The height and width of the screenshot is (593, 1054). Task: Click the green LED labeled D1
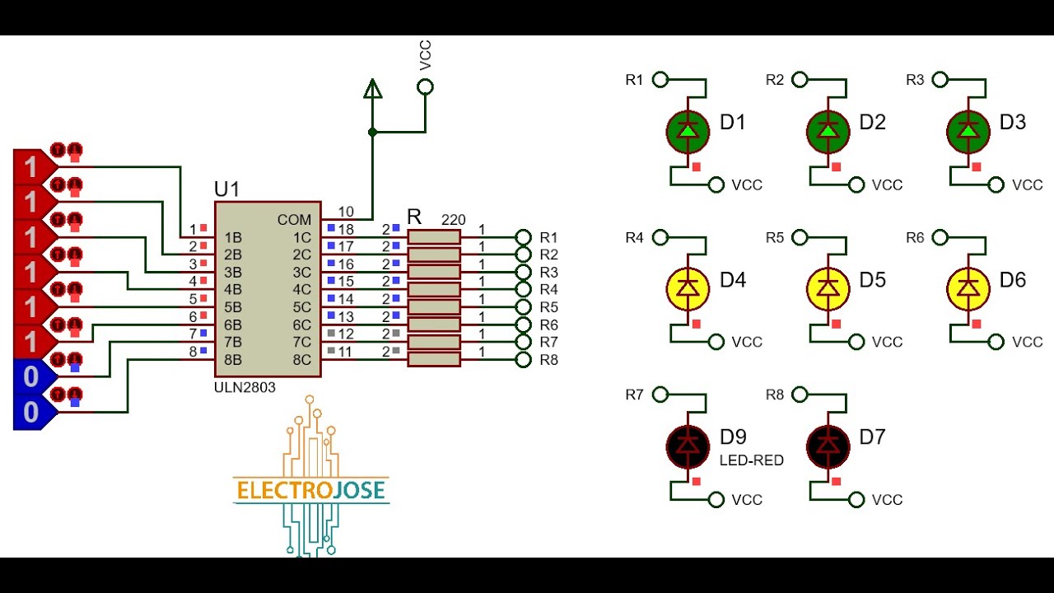[x=687, y=131]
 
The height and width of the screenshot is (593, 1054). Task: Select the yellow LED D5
[x=827, y=288]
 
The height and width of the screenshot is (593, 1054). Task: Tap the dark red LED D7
[x=827, y=446]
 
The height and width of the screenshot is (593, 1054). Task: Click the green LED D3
[x=968, y=131]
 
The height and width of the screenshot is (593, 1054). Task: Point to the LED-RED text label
[x=752, y=460]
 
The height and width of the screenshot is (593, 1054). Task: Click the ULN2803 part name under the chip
[x=245, y=387]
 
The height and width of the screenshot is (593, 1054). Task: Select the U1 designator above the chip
[x=226, y=189]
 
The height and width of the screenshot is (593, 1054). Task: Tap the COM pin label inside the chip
[x=294, y=220]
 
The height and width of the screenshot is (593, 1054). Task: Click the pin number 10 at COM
[x=345, y=212]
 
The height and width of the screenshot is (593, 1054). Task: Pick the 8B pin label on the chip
[x=233, y=360]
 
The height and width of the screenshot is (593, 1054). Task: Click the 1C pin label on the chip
[x=302, y=238]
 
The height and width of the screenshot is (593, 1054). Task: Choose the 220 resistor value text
[x=453, y=220]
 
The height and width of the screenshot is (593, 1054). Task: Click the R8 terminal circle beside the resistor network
[x=523, y=359]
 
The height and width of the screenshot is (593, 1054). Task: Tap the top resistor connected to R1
[x=434, y=237]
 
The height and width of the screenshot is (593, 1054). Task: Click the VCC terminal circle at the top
[x=425, y=86]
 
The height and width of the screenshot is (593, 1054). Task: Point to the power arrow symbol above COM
[x=372, y=88]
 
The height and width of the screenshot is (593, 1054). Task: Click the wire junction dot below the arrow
[x=372, y=132]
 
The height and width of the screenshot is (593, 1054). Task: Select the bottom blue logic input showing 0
[x=31, y=412]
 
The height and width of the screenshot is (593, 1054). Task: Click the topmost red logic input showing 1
[x=31, y=167]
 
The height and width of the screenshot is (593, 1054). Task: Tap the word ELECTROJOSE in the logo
[x=310, y=491]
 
